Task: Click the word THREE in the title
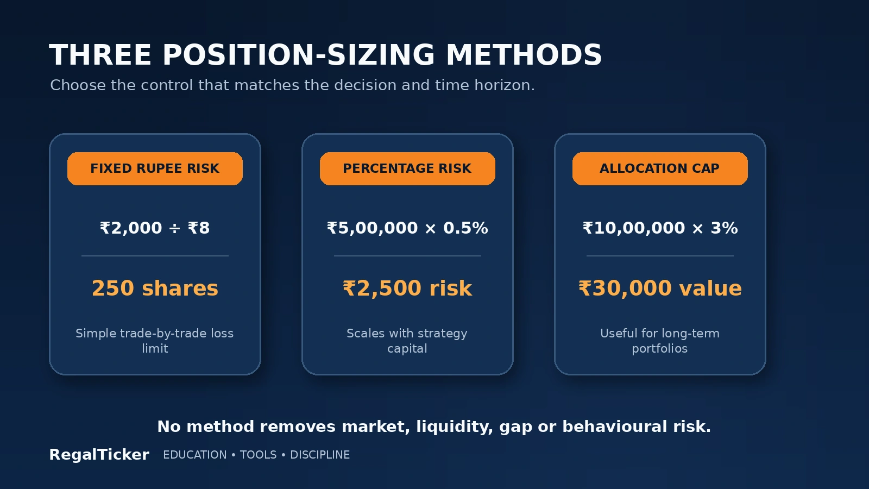point(100,55)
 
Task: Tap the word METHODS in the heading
point(524,55)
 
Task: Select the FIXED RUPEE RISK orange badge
point(155,168)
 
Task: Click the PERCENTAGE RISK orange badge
point(407,168)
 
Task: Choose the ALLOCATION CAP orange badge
point(660,168)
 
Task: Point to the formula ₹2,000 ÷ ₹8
point(155,228)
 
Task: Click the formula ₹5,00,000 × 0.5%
point(407,228)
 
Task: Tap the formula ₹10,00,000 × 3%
point(660,228)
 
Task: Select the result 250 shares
point(155,289)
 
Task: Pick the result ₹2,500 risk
point(407,289)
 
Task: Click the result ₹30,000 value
point(660,289)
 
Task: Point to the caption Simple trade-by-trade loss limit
point(155,341)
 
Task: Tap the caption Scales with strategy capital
point(407,341)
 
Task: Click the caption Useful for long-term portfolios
point(660,341)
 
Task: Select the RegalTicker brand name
point(99,454)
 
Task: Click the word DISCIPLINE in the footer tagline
point(320,455)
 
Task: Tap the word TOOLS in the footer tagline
point(259,455)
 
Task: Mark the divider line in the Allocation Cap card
point(660,256)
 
